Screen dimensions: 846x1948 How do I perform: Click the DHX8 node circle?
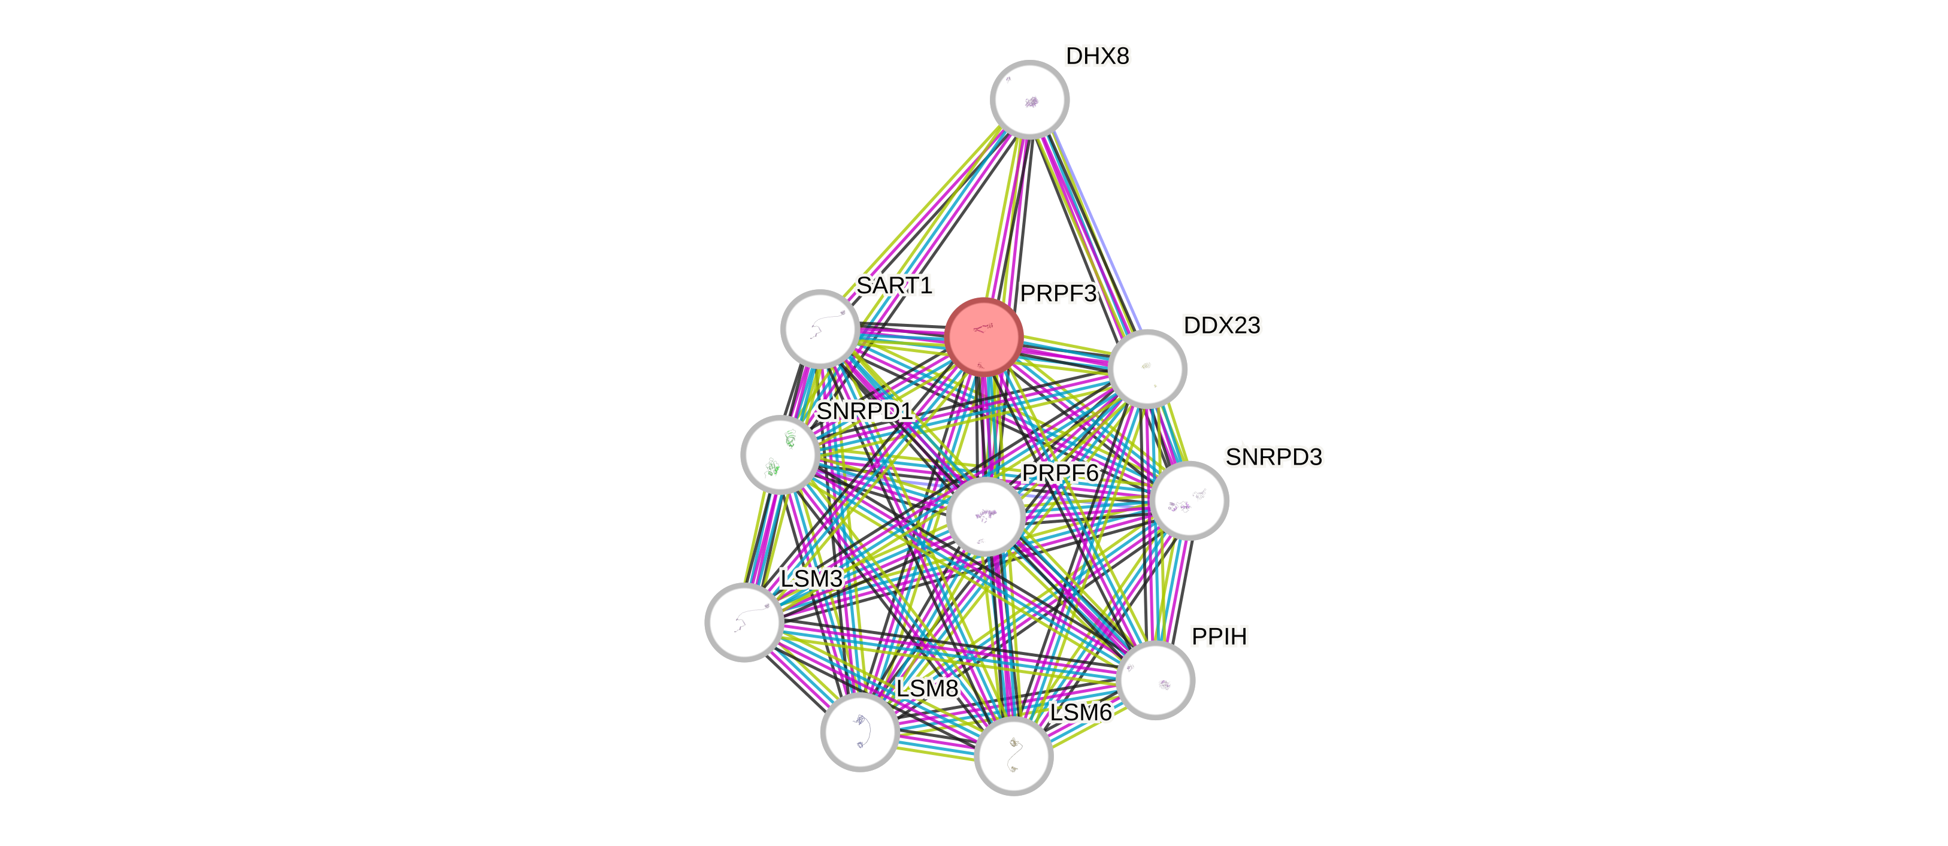click(x=1029, y=99)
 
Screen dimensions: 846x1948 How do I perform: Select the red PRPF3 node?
click(x=984, y=336)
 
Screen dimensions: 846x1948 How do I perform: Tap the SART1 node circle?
click(x=819, y=329)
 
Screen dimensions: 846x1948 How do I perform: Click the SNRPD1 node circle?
click(x=780, y=454)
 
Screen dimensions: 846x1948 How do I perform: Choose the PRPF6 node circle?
click(x=985, y=516)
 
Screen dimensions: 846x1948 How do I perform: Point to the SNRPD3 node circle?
click(x=1189, y=501)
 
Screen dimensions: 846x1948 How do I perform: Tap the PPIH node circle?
click(x=1155, y=680)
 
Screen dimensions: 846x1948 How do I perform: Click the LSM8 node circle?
click(x=860, y=732)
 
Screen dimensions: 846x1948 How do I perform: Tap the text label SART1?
click(x=895, y=286)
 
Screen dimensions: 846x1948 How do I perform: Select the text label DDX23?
click(x=1221, y=325)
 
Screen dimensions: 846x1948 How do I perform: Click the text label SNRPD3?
click(x=1274, y=457)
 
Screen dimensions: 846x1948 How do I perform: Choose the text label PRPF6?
click(x=1059, y=473)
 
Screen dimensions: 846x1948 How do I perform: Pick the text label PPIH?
click(x=1219, y=636)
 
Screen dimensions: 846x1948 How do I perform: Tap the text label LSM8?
click(x=926, y=688)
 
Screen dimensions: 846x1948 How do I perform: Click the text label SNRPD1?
click(x=864, y=411)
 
